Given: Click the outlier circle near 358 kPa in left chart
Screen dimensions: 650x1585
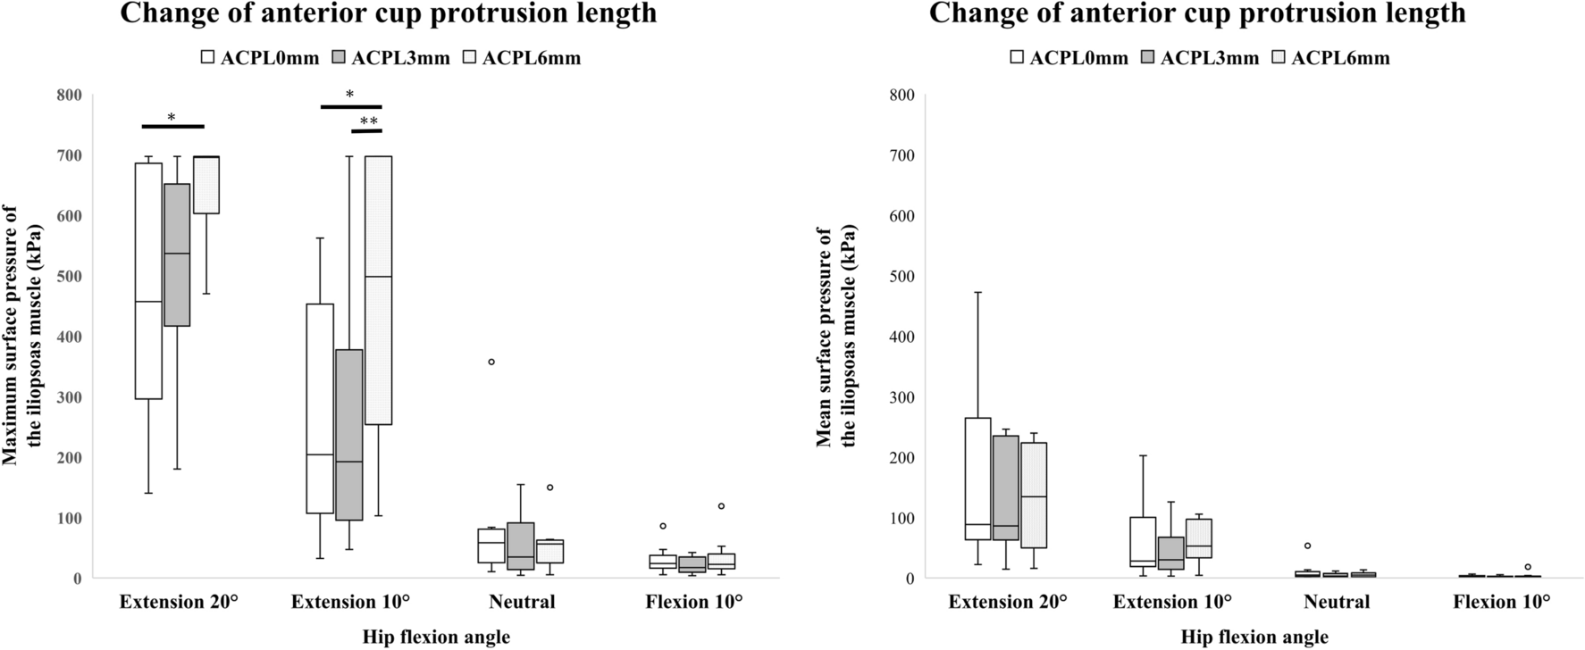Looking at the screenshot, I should (x=491, y=362).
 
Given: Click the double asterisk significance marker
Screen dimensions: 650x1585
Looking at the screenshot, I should (x=368, y=121).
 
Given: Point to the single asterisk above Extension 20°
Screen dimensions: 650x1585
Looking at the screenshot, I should (x=172, y=118).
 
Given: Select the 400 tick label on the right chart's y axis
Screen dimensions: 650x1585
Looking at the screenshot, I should (x=902, y=337).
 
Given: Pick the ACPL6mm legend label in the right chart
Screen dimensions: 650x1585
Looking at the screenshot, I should (x=1340, y=58).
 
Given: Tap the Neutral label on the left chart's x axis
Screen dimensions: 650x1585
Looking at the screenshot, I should (x=522, y=602).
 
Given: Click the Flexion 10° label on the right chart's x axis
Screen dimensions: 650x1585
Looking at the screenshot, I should (x=1501, y=602).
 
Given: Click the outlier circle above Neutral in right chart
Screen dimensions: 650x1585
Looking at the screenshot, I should (x=1307, y=546).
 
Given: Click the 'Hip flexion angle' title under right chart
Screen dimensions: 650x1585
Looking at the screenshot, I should (x=1254, y=637).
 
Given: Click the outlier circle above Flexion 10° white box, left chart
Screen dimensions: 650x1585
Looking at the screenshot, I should (x=663, y=526).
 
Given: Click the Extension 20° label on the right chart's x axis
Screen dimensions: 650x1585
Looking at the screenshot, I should (x=1007, y=602).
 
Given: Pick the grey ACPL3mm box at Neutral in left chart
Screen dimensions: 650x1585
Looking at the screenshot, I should (x=520, y=546).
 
